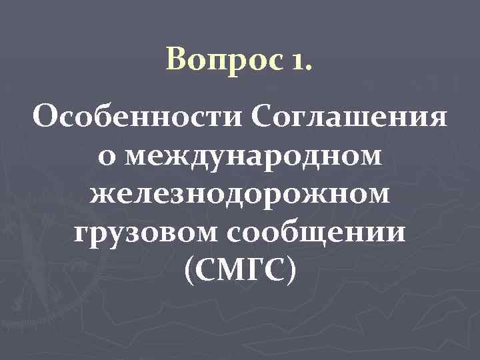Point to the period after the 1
click(307, 69)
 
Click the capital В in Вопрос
click(175, 61)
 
